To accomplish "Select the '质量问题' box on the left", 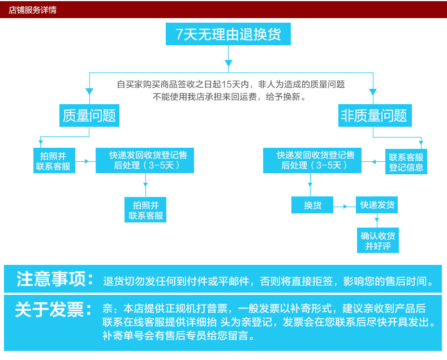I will [x=89, y=116].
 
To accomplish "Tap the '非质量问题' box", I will [x=373, y=116].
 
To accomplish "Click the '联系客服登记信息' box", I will [x=406, y=162].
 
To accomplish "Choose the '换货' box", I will [x=312, y=205].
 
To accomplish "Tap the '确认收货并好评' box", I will [x=377, y=241].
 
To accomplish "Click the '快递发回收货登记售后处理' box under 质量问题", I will [x=144, y=160].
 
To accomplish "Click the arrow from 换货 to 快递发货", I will [x=345, y=207].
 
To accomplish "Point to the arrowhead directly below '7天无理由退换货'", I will [x=228, y=62].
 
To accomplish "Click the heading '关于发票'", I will [x=53, y=310].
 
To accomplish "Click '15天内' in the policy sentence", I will [x=238, y=84].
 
